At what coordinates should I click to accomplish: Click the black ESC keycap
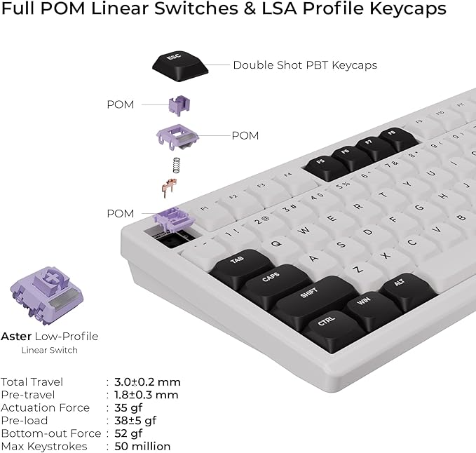pyautogui.click(x=180, y=66)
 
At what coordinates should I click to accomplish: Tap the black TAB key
pyautogui.click(x=241, y=266)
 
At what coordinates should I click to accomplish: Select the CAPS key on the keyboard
pyautogui.click(x=275, y=284)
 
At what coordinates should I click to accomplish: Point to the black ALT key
pyautogui.click(x=407, y=290)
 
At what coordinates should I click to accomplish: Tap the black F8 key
pyautogui.click(x=397, y=138)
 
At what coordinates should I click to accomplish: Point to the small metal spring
pyautogui.click(x=176, y=165)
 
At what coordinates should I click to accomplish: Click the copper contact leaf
pyautogui.click(x=169, y=187)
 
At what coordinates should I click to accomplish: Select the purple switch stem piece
pyautogui.click(x=179, y=105)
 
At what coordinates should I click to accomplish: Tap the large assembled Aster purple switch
pyautogui.click(x=46, y=296)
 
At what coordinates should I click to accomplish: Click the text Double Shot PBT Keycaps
pyautogui.click(x=305, y=65)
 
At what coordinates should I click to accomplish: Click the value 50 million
pyautogui.click(x=142, y=446)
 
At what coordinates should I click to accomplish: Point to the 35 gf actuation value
pyautogui.click(x=128, y=407)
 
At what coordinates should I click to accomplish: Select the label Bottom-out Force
pyautogui.click(x=51, y=433)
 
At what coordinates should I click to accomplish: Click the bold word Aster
pyautogui.click(x=16, y=336)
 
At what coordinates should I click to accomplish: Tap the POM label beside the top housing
pyautogui.click(x=245, y=136)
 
